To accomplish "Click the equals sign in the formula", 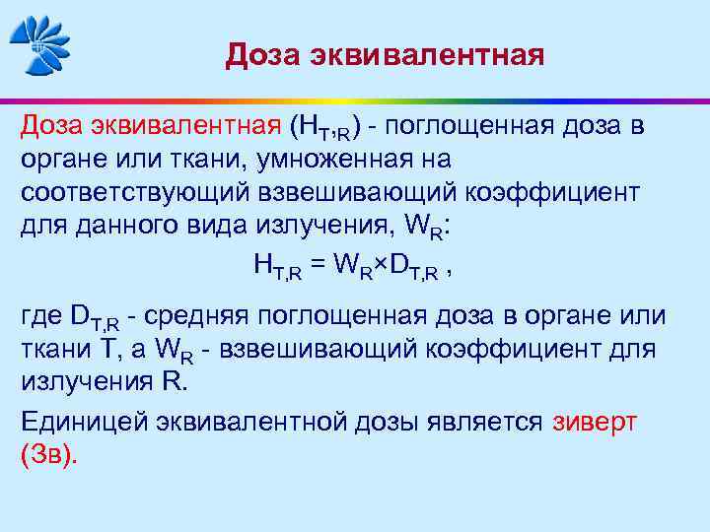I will click(x=318, y=264).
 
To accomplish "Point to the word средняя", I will click(x=197, y=317).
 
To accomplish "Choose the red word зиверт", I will click(x=595, y=422).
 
